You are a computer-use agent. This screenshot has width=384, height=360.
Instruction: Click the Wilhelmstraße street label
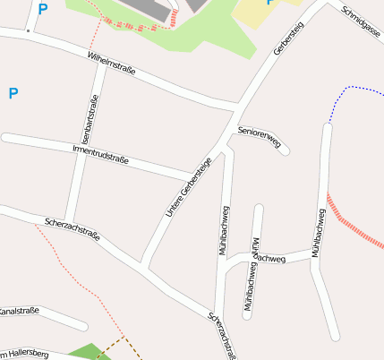tap(111, 64)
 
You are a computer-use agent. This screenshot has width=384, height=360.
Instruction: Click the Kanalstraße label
tap(18, 311)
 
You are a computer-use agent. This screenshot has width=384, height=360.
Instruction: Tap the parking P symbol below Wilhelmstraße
tap(13, 93)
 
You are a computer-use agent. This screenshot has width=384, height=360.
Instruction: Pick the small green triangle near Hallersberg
tap(84, 352)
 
